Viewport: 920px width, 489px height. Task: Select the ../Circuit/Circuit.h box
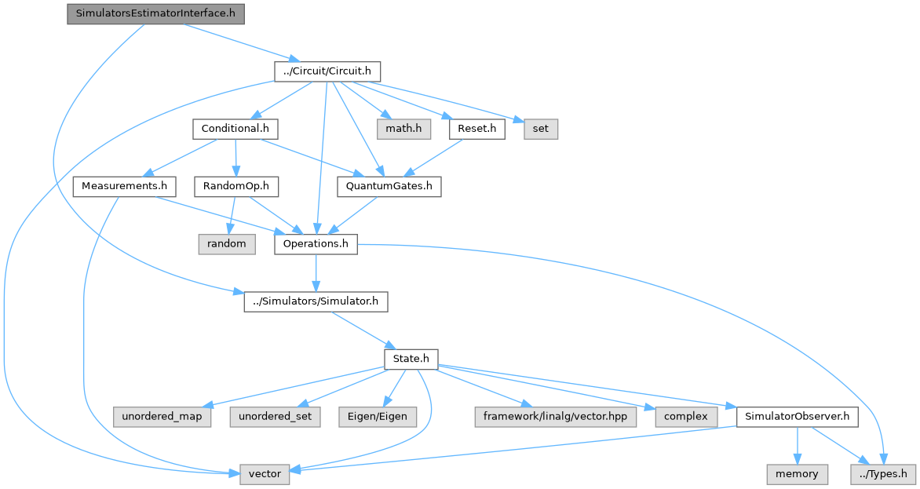(327, 71)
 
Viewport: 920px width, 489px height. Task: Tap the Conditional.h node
(235, 129)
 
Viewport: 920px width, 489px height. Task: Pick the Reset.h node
(476, 129)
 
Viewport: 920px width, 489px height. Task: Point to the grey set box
(542, 129)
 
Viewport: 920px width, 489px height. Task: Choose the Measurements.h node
(123, 186)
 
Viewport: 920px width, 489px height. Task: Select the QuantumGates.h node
(389, 186)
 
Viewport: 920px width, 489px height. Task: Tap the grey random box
(227, 244)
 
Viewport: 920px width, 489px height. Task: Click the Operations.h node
(316, 244)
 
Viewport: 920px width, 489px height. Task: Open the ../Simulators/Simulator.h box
(316, 301)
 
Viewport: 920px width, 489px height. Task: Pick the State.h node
(411, 359)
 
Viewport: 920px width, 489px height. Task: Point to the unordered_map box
(162, 416)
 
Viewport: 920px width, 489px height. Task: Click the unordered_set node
(275, 416)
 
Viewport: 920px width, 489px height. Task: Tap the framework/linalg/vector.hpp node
(553, 416)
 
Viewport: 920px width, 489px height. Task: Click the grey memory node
(797, 474)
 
